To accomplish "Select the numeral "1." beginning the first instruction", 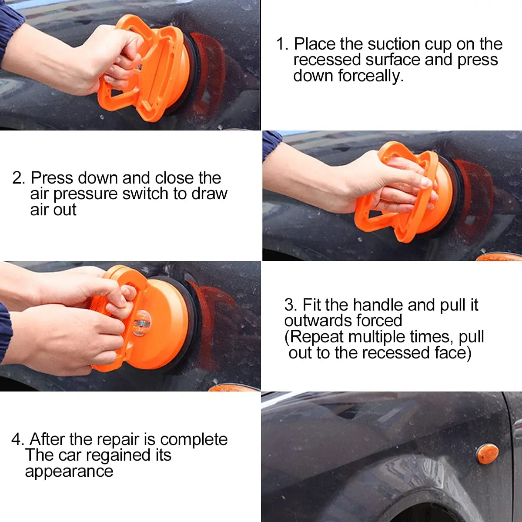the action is [282, 44].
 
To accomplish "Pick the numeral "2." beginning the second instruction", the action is [19, 178].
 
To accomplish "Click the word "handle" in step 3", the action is [378, 305].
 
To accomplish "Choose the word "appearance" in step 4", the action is [69, 472].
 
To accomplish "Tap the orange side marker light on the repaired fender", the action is [488, 454].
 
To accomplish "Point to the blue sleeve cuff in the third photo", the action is [5, 333].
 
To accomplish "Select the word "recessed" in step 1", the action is [327, 60].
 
